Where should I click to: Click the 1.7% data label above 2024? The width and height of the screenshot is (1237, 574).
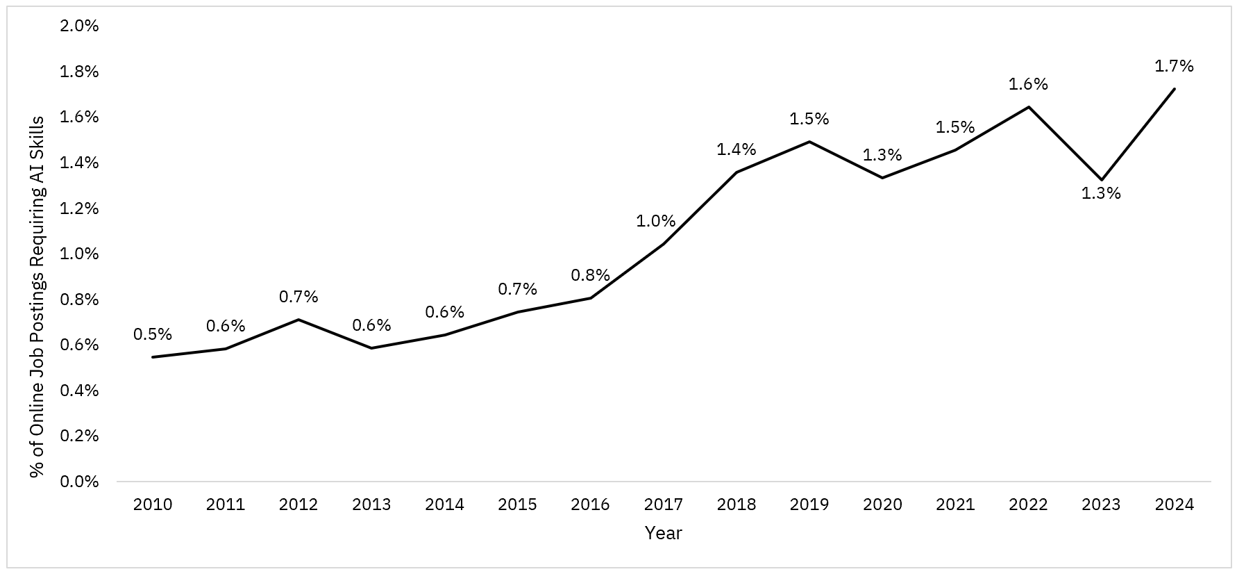click(x=1174, y=66)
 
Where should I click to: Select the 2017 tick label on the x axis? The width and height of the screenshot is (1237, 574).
click(x=663, y=505)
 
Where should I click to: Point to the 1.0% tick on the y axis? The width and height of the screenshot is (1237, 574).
click(x=80, y=254)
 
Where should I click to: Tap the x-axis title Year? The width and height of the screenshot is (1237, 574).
click(x=663, y=534)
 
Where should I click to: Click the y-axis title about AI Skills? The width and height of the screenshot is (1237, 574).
click(x=37, y=297)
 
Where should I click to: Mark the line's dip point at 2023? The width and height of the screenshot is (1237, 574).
click(x=1101, y=180)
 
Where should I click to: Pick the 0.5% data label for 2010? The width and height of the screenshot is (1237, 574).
click(x=152, y=334)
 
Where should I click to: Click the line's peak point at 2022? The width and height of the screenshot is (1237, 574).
click(x=1028, y=107)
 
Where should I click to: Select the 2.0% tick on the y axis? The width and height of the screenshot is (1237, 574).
click(x=80, y=26)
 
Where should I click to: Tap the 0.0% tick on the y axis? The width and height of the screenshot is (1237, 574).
click(x=80, y=482)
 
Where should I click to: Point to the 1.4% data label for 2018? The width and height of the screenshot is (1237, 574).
click(x=736, y=149)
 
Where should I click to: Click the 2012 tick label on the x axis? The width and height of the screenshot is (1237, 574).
click(x=298, y=505)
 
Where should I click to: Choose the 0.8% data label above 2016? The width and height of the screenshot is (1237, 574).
click(x=590, y=275)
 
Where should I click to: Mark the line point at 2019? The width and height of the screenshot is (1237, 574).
click(x=809, y=142)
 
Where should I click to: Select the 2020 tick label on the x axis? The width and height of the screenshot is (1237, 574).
click(x=882, y=505)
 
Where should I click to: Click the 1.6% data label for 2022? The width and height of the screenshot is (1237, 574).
click(x=1028, y=84)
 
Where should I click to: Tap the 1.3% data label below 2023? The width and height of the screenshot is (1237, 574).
click(x=1101, y=194)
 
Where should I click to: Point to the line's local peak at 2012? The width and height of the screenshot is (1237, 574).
click(x=298, y=320)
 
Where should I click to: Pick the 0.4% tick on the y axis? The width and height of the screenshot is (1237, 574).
click(x=80, y=391)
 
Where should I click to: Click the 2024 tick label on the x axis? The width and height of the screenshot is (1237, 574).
click(x=1174, y=505)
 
